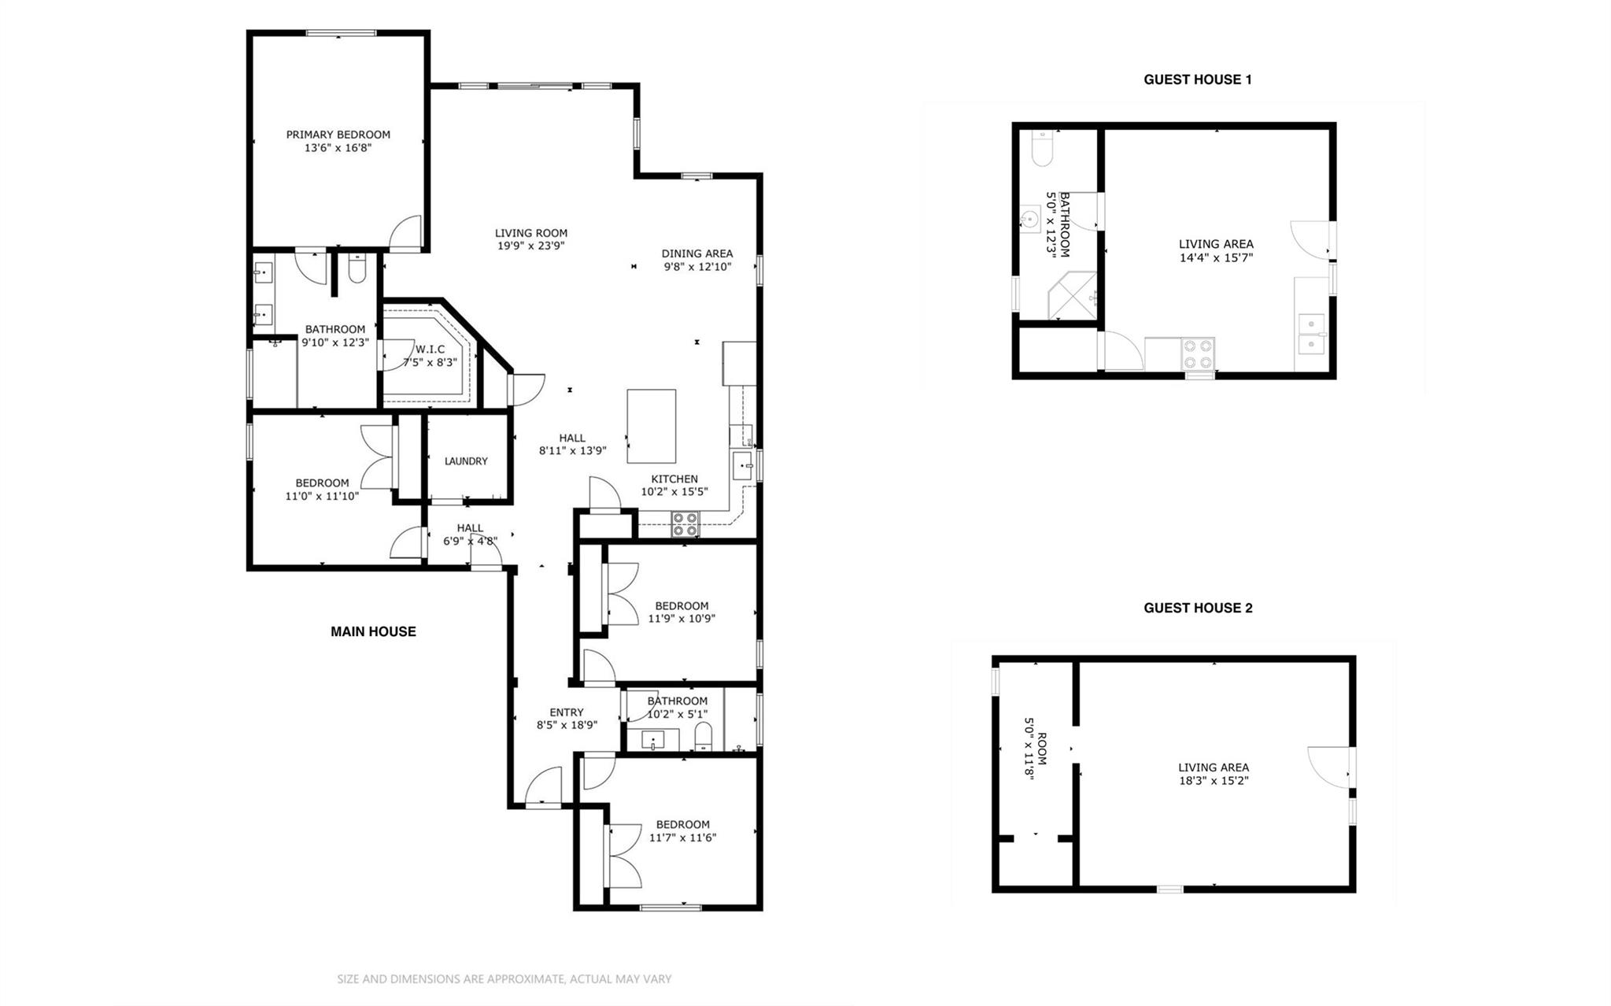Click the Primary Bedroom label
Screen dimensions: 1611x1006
click(x=338, y=135)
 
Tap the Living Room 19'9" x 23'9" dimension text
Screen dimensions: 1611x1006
click(x=531, y=246)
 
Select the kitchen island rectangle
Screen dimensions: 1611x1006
click(x=651, y=426)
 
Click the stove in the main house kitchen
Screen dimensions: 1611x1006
click(x=685, y=524)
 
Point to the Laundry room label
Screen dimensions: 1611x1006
click(x=466, y=461)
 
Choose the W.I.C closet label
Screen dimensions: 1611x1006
click(x=430, y=350)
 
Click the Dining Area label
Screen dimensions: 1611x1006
click(x=696, y=253)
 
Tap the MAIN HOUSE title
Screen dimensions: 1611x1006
click(x=373, y=631)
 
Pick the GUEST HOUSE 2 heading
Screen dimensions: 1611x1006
click(x=1198, y=608)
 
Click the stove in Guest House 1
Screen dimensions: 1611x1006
click(x=1198, y=354)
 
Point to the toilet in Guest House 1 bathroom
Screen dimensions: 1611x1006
click(x=1042, y=150)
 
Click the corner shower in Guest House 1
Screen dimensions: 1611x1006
click(x=1073, y=296)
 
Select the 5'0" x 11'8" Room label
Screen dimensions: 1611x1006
click(x=1035, y=749)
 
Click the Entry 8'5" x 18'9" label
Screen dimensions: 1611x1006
click(x=567, y=719)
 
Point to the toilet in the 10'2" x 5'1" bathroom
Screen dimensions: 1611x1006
click(x=704, y=737)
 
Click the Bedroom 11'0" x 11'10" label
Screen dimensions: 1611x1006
click(x=322, y=490)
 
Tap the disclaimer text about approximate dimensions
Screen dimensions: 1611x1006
click(x=504, y=979)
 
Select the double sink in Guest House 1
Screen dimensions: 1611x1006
click(x=1312, y=334)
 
